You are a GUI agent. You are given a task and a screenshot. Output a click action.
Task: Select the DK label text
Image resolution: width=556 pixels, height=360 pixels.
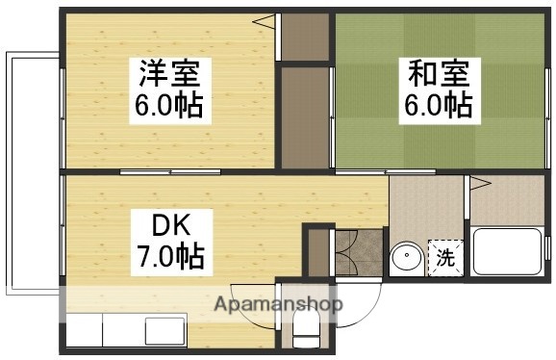pyautogui.click(x=174, y=227)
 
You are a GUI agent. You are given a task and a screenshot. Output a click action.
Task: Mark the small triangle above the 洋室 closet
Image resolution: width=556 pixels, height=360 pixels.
pyautogui.click(x=271, y=18)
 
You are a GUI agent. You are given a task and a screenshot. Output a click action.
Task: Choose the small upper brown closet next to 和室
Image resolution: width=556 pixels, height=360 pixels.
pyautogui.click(x=304, y=39)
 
